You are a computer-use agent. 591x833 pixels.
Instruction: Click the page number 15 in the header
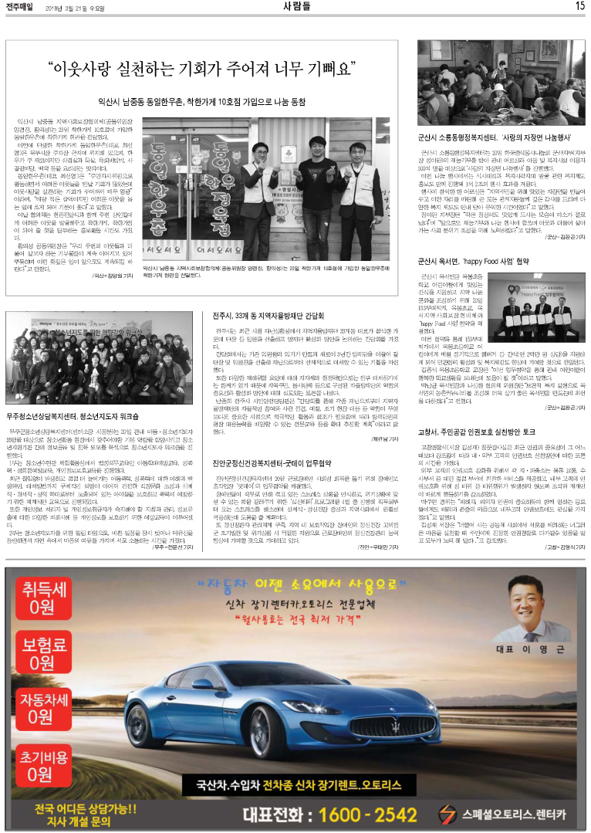(579, 6)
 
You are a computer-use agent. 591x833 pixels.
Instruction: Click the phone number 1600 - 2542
(352, 813)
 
